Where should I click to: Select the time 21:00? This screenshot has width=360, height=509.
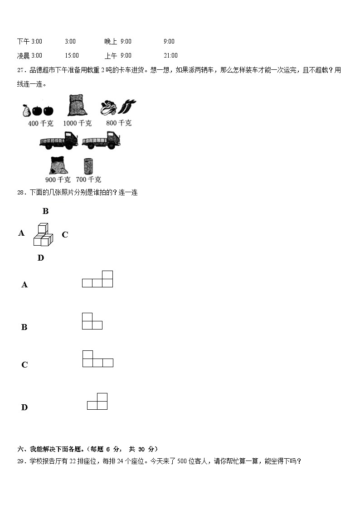click(x=170, y=55)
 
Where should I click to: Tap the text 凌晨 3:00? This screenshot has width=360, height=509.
click(x=29, y=55)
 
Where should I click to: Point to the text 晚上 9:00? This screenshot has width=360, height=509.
click(x=118, y=41)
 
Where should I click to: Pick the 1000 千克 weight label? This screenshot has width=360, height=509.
click(x=77, y=123)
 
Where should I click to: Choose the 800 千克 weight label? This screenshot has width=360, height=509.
click(x=119, y=123)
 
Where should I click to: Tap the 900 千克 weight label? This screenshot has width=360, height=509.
click(x=58, y=179)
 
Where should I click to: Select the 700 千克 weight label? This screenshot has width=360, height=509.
click(x=89, y=179)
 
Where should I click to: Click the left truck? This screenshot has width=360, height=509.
click(x=59, y=141)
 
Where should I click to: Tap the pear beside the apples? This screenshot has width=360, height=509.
click(x=26, y=110)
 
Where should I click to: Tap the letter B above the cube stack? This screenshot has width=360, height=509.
click(x=45, y=211)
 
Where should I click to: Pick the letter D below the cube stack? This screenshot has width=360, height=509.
click(x=41, y=258)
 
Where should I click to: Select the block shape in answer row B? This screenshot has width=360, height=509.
click(x=92, y=321)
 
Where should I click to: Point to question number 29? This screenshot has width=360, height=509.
click(x=21, y=461)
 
